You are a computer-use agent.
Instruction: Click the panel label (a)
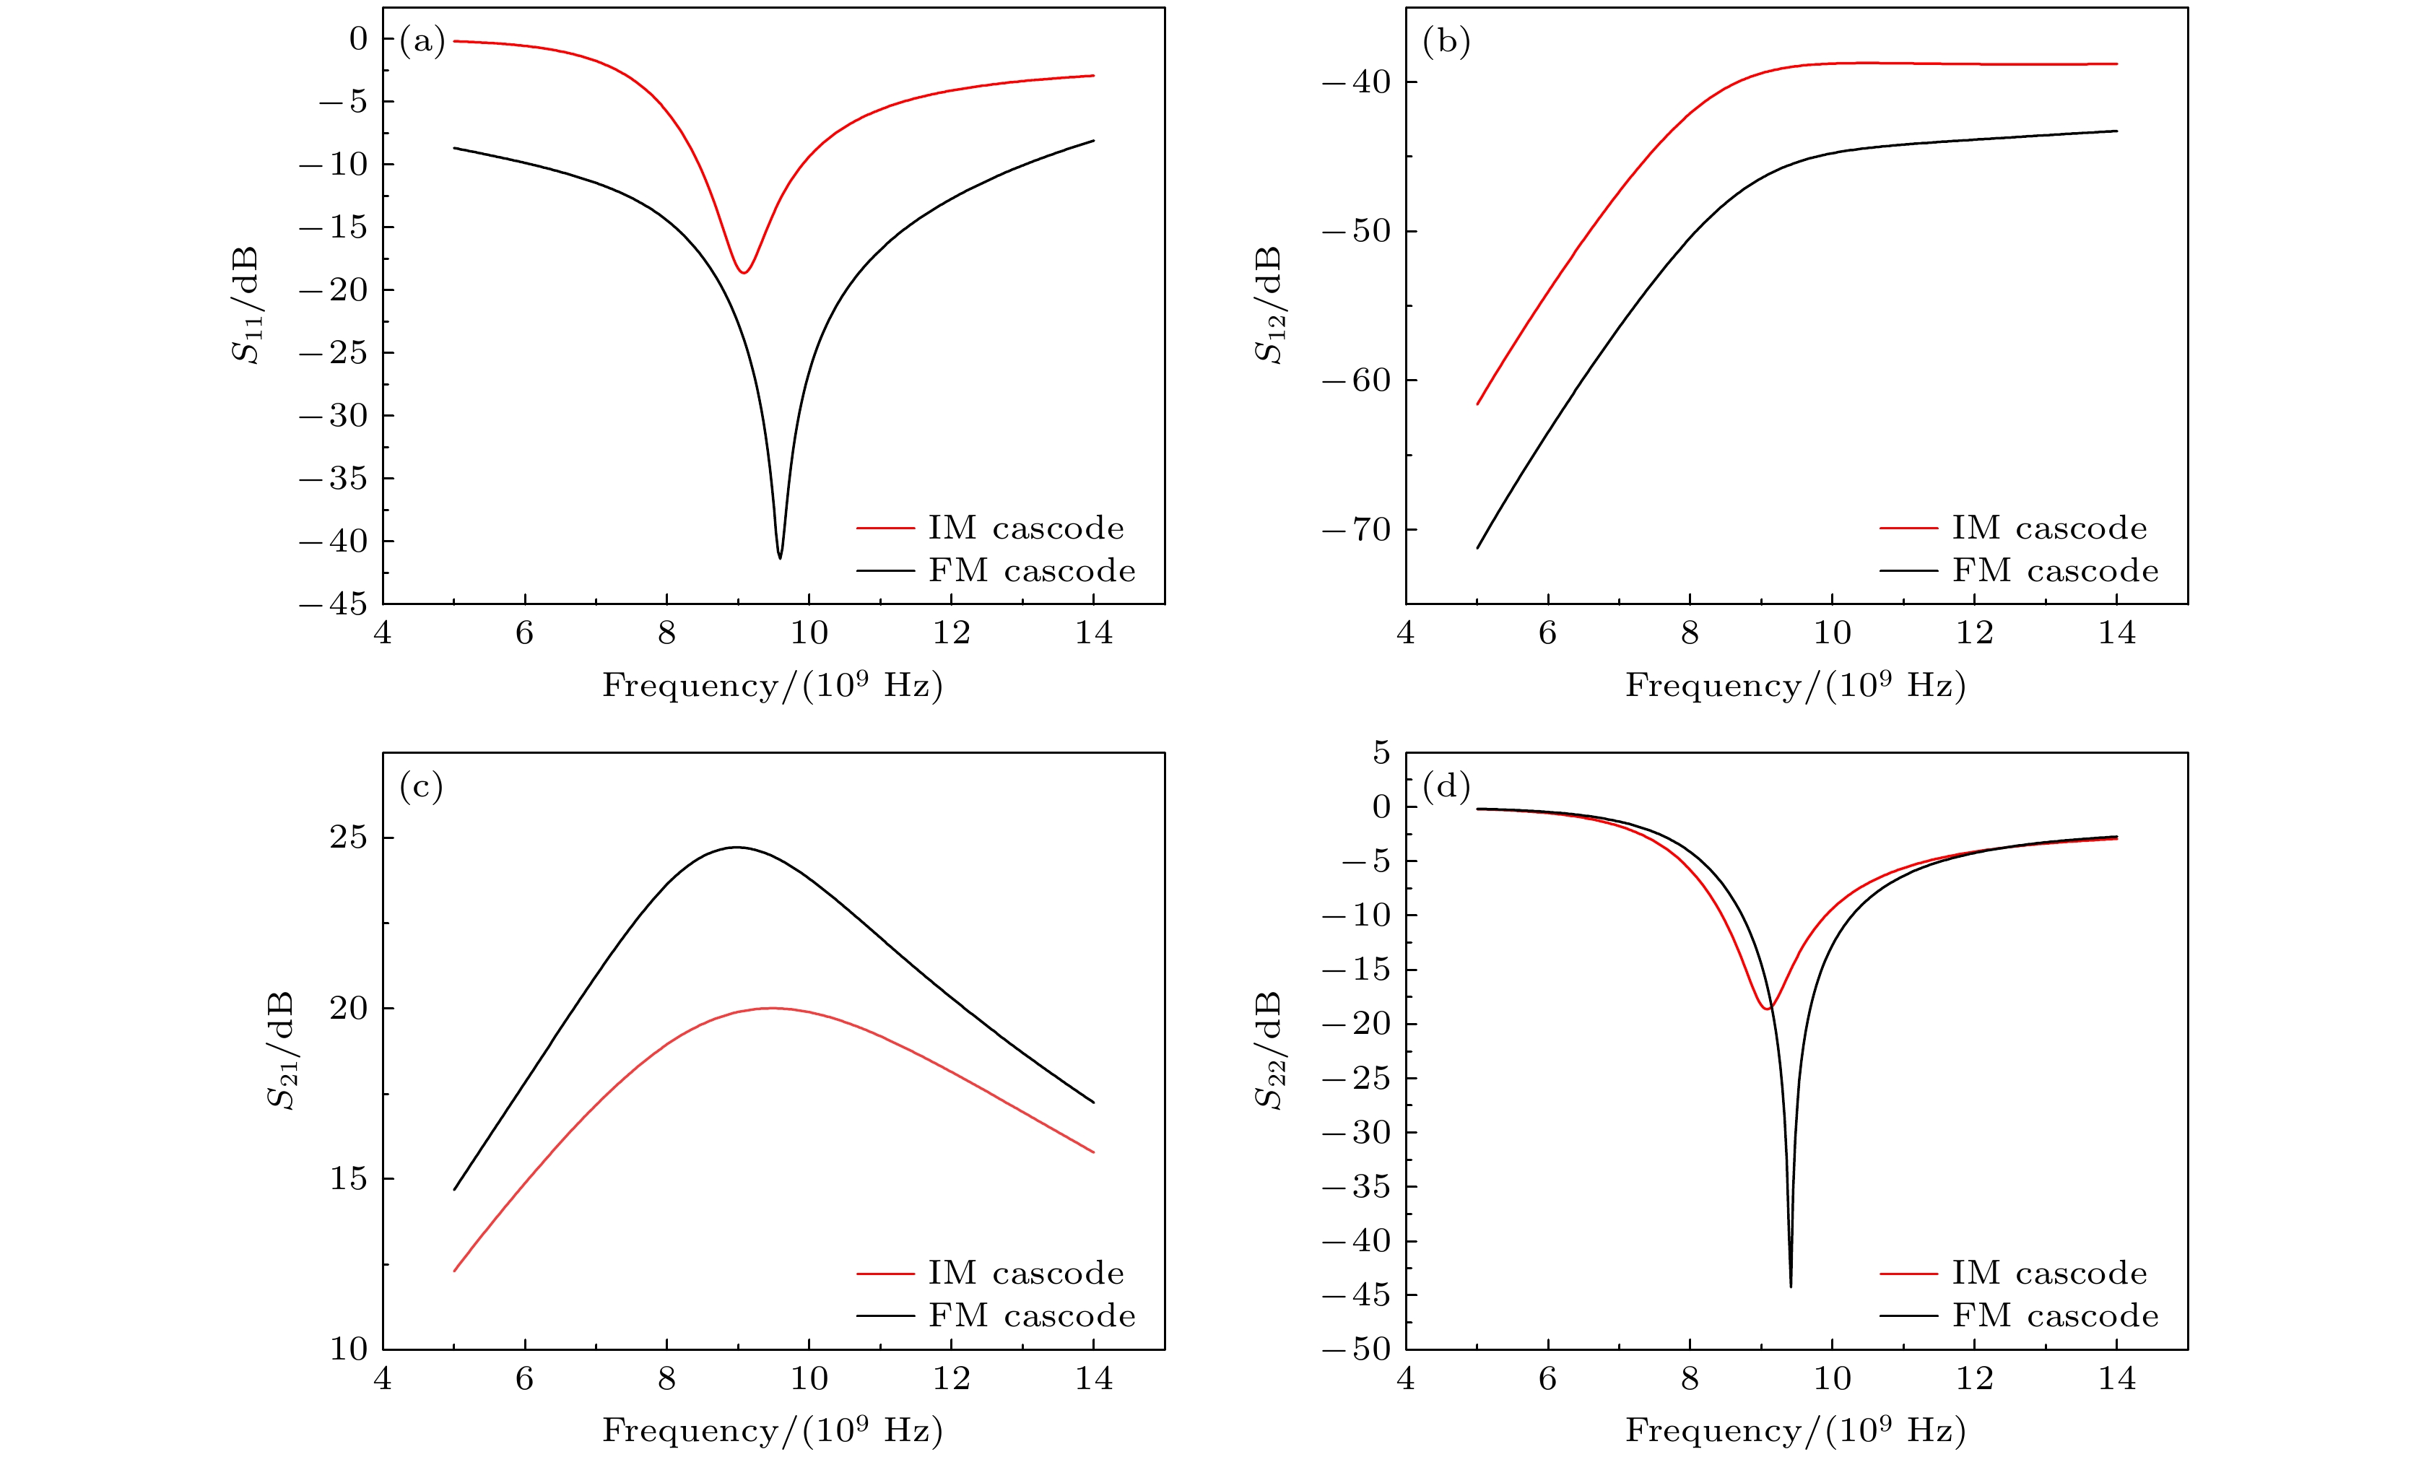[x=422, y=41]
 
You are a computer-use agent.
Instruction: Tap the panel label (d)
[x=1446, y=786]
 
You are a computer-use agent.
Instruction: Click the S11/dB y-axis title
[x=246, y=305]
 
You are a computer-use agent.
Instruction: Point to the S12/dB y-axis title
[x=1269, y=305]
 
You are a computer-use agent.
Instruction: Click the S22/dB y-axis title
[x=1269, y=1050]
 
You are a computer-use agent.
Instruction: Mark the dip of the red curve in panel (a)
[x=745, y=271]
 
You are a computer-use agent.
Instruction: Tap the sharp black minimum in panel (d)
[x=1791, y=1285]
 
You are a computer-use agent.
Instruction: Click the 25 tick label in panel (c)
[x=348, y=838]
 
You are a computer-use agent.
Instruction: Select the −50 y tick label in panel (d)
[x=1357, y=1349]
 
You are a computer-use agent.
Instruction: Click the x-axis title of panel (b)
[x=1795, y=685]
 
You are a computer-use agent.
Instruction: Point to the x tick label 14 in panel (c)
[x=1093, y=1378]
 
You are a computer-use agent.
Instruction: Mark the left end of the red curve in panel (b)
[x=1477, y=403]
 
